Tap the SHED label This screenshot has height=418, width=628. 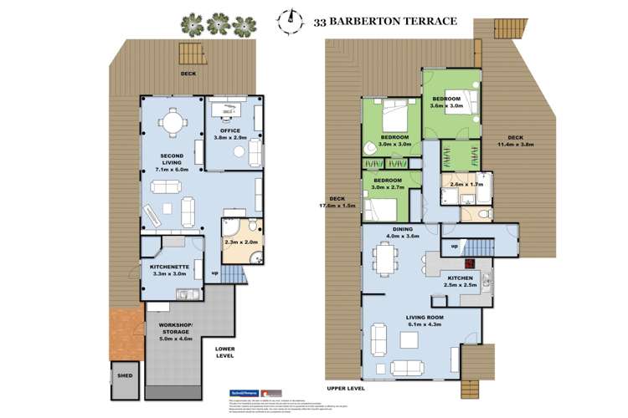tap(124, 375)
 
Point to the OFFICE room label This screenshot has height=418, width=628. tap(229, 130)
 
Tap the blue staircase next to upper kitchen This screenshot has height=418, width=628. tap(477, 247)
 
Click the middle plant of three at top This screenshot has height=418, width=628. tap(220, 23)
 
